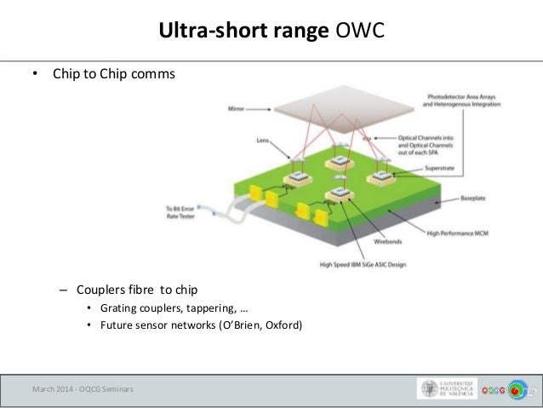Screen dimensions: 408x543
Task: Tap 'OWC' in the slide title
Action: point(357,32)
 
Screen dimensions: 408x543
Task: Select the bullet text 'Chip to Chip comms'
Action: point(114,74)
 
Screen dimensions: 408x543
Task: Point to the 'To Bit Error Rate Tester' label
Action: point(181,210)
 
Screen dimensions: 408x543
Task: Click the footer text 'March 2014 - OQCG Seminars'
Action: point(83,389)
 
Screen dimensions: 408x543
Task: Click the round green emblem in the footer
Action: point(518,389)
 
